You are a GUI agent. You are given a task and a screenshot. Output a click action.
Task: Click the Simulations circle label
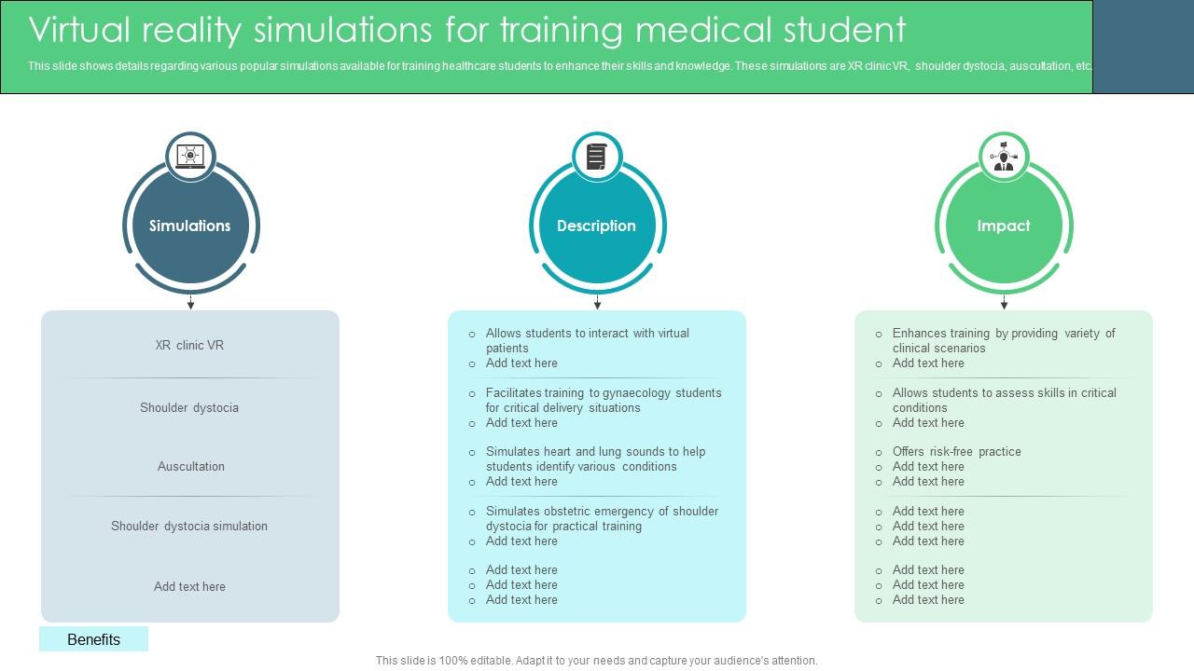[x=189, y=226]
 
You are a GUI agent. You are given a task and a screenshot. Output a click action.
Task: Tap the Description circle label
[x=596, y=226]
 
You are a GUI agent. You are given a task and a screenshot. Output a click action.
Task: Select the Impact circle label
[x=1003, y=226]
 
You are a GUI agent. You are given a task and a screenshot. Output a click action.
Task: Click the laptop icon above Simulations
[x=190, y=157]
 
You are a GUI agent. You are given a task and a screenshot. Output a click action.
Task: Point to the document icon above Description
[x=596, y=157]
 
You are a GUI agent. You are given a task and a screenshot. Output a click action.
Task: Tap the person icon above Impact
[x=1004, y=157]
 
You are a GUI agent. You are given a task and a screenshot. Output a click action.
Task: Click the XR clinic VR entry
[x=189, y=345]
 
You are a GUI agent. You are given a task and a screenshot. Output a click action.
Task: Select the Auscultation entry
[x=190, y=466]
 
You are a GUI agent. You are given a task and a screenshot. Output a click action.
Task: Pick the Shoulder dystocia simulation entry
[x=189, y=526]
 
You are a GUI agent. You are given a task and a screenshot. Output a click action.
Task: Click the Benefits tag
[x=93, y=639]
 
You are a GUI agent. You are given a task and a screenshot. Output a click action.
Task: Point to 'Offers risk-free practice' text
[x=956, y=451]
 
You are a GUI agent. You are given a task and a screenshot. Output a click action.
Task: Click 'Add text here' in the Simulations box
[x=189, y=586]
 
